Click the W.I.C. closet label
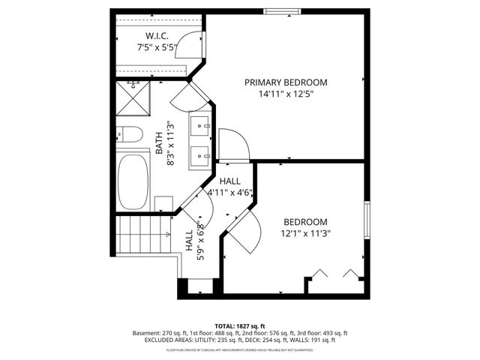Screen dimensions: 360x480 point(156,36)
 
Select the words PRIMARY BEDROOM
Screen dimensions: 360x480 point(286,82)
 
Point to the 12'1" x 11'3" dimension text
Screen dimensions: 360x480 point(306,233)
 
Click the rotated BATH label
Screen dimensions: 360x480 point(159,144)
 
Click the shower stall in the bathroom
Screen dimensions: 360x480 point(132,99)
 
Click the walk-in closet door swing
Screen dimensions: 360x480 point(195,46)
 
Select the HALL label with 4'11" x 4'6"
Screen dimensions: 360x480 point(230,181)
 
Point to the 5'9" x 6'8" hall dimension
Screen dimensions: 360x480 point(199,241)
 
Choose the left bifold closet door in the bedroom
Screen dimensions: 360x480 point(319,272)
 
